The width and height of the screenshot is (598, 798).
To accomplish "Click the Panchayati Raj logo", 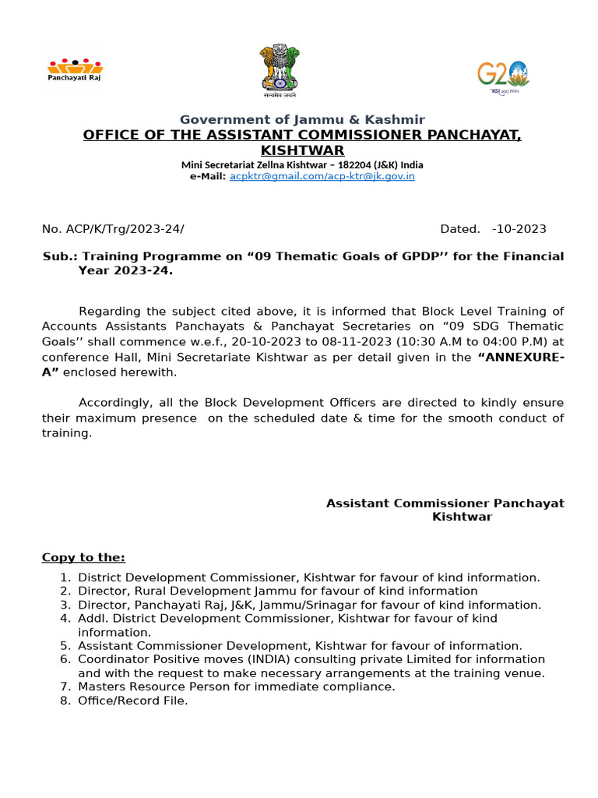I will point(75,70).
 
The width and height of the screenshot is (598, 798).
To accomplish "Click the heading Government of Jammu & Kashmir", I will point(302,119).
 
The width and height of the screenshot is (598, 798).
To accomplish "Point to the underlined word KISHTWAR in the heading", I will point(302,150).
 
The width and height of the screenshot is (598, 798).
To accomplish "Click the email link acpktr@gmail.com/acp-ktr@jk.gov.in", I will point(322,176).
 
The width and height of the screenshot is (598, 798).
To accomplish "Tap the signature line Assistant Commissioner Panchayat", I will point(445,503).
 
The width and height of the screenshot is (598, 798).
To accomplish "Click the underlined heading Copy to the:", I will point(83,557).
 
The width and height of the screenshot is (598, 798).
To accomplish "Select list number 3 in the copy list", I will point(65,605).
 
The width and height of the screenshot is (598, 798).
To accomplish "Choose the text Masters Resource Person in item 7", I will point(145,687).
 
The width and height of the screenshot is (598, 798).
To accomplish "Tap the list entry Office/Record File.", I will point(132,701).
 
